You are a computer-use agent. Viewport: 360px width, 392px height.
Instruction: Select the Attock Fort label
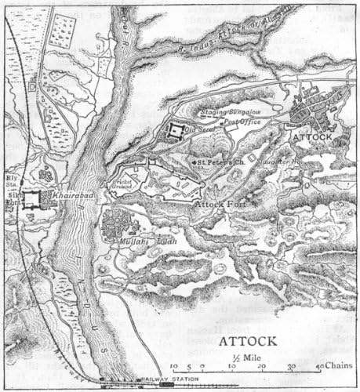click(219, 204)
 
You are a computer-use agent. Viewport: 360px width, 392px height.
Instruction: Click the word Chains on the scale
click(337, 366)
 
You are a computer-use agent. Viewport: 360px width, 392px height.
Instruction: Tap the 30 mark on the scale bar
click(290, 366)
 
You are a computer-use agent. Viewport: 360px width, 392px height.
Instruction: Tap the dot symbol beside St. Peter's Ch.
click(194, 162)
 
